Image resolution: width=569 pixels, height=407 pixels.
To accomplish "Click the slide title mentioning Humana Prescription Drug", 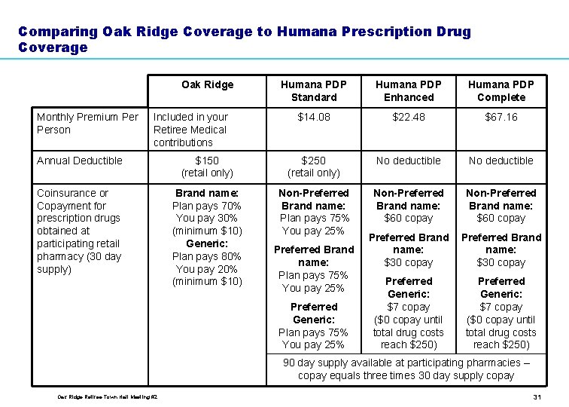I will [244, 39].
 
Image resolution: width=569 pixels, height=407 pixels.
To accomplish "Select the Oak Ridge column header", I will [208, 84].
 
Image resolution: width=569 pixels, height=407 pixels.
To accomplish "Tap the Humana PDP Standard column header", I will [314, 90].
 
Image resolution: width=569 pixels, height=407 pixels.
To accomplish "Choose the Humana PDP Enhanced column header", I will [408, 90].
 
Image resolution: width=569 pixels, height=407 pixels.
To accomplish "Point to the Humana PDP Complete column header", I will [501, 90].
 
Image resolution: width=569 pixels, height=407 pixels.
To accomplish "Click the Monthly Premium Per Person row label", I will [87, 123].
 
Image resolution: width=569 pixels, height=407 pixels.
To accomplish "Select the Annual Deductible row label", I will [79, 161].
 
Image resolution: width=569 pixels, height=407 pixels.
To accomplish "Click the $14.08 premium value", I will [314, 117].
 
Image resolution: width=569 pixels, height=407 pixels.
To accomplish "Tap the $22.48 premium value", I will [408, 117].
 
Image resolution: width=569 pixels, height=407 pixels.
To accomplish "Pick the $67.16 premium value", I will [501, 117].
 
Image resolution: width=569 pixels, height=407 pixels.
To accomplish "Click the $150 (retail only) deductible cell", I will [207, 167].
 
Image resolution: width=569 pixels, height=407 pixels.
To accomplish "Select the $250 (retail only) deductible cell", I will [314, 167].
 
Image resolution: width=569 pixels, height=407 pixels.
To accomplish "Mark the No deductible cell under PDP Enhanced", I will [408, 161].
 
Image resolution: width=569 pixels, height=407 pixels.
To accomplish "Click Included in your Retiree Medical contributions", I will [190, 130].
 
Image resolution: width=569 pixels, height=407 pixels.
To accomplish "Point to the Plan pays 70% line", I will [207, 206].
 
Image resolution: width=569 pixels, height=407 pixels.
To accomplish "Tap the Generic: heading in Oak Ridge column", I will [207, 243].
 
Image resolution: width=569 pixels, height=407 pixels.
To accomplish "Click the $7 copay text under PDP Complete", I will [501, 307].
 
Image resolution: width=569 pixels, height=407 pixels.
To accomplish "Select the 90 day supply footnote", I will [406, 369].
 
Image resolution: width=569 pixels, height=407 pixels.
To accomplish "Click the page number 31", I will [537, 397].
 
